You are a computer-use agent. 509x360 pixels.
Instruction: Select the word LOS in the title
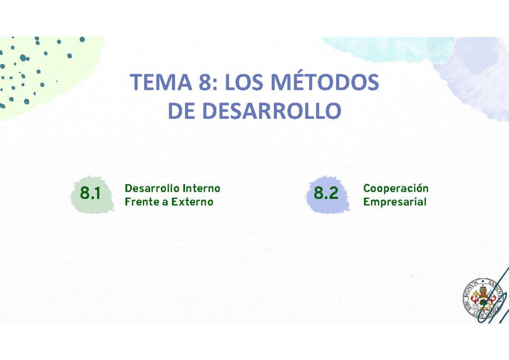[245, 83]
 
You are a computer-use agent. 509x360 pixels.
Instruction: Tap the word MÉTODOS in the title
[324, 83]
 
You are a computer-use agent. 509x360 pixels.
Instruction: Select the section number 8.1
[90, 194]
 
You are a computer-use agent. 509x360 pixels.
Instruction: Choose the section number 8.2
[326, 194]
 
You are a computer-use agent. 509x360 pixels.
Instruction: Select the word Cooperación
[396, 188]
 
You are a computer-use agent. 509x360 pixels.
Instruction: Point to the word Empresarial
[394, 202]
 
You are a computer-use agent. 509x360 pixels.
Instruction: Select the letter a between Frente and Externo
[164, 202]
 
